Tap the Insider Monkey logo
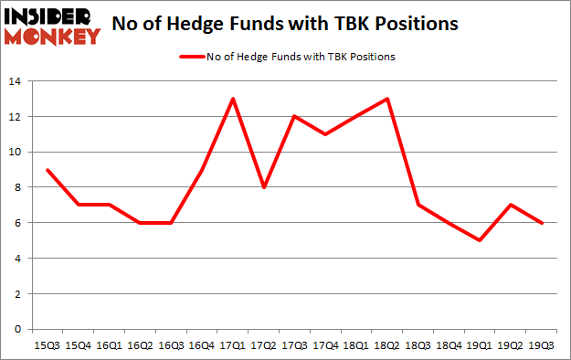[x=51, y=26]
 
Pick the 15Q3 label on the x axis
[x=48, y=345]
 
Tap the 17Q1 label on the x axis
[x=234, y=345]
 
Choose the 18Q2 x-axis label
[x=388, y=345]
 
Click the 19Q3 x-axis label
[x=543, y=345]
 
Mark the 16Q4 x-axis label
[x=203, y=345]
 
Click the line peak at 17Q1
[x=234, y=99]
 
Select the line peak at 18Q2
[x=388, y=99]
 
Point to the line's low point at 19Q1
[x=481, y=240]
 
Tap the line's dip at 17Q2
[x=265, y=187]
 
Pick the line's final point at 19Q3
[x=543, y=223]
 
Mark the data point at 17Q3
[x=295, y=117]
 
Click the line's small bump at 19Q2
[x=512, y=205]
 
